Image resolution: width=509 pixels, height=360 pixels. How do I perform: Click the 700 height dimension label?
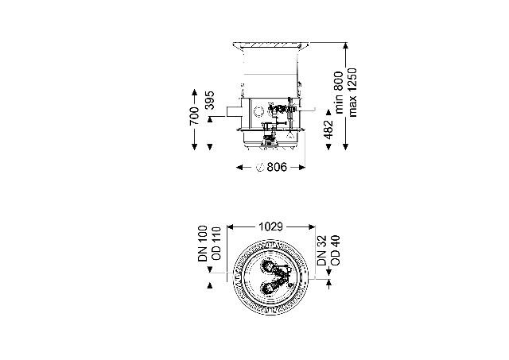(194, 116)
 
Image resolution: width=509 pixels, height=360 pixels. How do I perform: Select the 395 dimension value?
(210, 100)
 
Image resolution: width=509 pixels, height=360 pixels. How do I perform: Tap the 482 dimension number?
(328, 130)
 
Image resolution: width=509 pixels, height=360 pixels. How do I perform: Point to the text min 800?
(339, 92)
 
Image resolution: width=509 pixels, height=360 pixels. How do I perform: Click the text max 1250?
(352, 92)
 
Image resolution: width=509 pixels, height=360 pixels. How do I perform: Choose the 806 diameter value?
(277, 168)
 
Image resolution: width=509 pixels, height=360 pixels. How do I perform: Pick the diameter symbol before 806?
(260, 168)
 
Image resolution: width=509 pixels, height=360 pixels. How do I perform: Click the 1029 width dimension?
(270, 226)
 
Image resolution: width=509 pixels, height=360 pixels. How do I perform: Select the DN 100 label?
(202, 243)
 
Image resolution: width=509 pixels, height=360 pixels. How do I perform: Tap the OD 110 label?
(216, 243)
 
